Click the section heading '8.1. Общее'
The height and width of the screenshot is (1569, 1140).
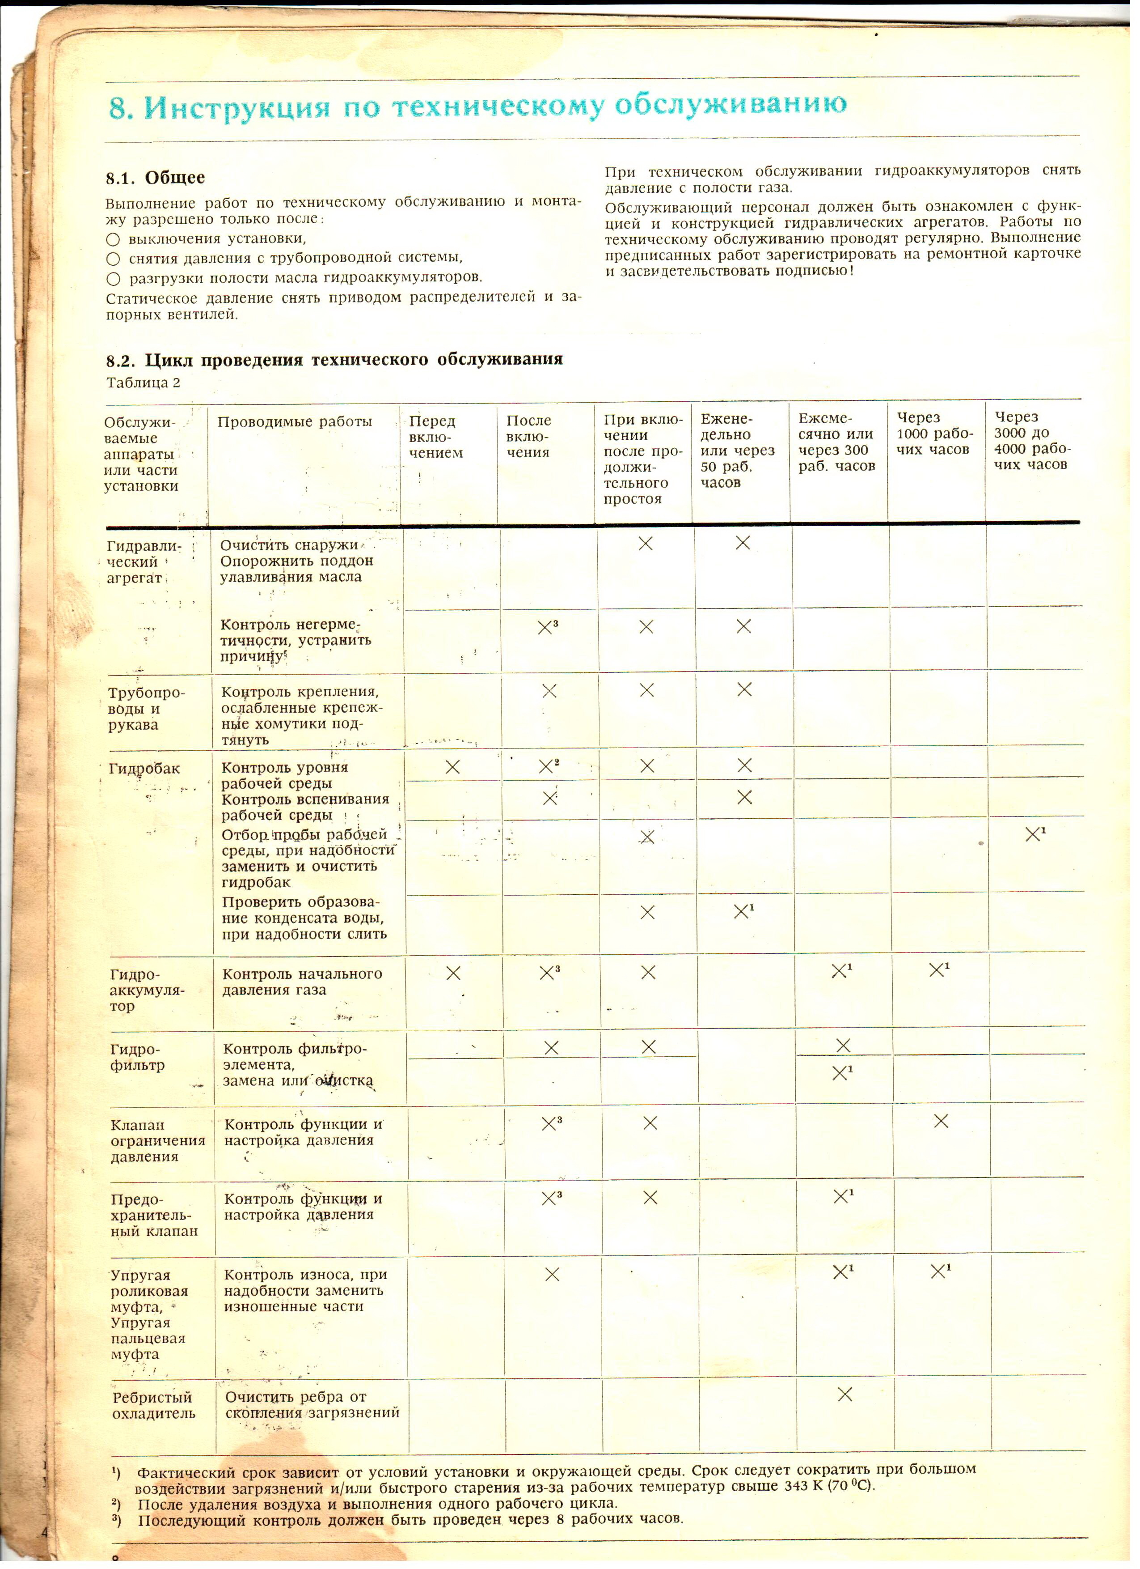156,178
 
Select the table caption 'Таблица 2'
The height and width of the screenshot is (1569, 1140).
143,383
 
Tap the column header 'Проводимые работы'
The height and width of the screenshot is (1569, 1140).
295,422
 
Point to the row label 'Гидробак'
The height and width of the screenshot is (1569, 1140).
144,769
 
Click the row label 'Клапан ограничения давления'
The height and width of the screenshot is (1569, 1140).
158,1141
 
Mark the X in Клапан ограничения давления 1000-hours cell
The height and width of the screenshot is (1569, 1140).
941,1121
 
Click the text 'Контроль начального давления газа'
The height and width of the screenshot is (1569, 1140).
302,982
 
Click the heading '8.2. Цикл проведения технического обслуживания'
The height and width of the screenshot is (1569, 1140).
334,360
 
